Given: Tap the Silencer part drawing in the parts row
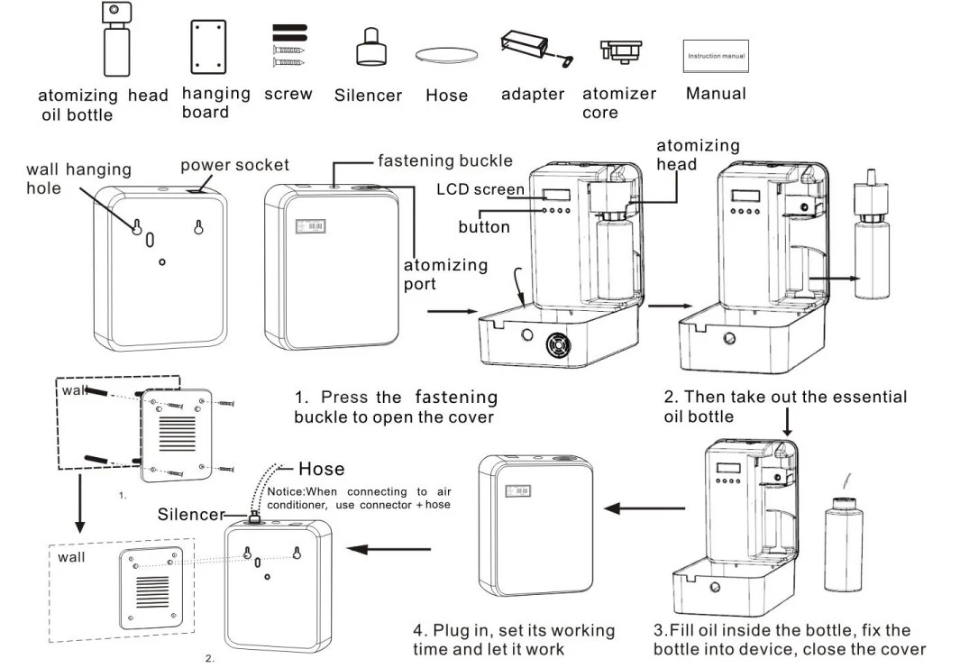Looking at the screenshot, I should (x=367, y=46).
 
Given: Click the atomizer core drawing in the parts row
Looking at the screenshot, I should (x=619, y=50).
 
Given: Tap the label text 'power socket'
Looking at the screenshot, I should (x=234, y=165).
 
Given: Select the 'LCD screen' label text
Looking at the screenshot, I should (x=480, y=189).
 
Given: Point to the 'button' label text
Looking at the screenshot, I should (x=483, y=227).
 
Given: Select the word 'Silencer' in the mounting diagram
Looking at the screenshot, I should (x=190, y=515).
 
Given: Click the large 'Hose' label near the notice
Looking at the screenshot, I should (x=321, y=469).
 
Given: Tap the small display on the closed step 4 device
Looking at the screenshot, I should (x=520, y=490).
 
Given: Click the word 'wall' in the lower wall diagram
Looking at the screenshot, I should (x=71, y=557).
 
